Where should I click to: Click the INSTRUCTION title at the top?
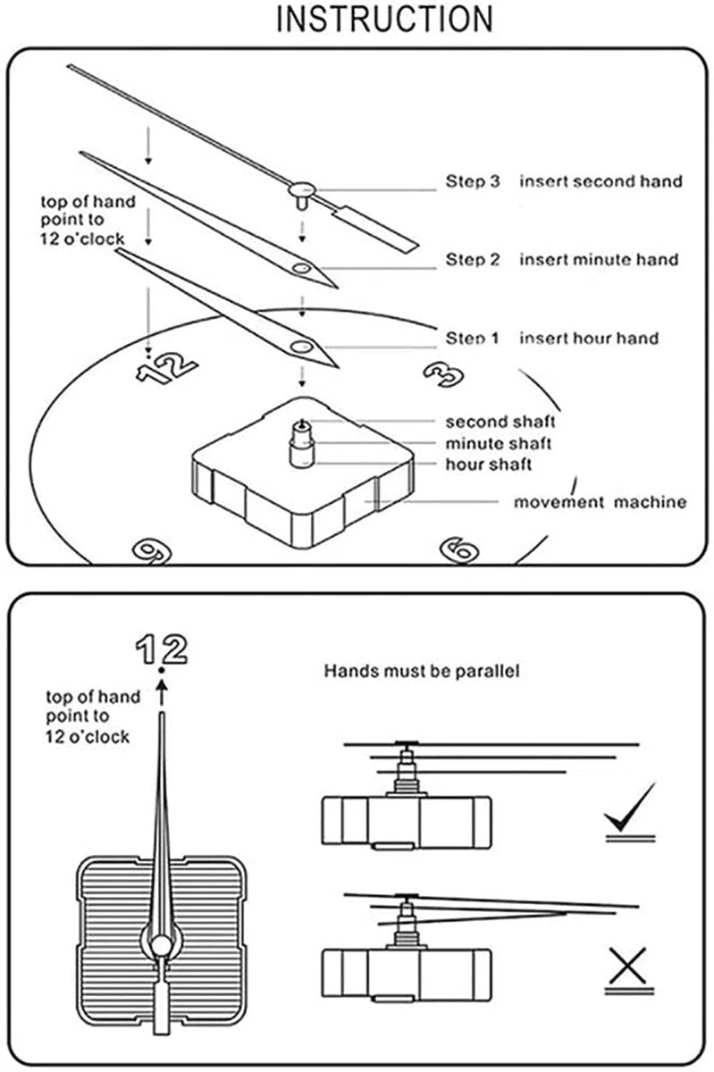click(384, 19)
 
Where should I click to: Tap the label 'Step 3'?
click(472, 181)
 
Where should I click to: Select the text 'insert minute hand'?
click(599, 259)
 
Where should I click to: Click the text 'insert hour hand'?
click(589, 339)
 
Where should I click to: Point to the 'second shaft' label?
click(500, 422)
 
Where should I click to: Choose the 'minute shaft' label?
click(498, 444)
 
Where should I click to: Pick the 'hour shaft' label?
click(489, 465)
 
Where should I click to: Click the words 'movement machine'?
click(600, 502)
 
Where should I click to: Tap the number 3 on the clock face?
click(444, 374)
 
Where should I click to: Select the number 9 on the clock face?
click(152, 552)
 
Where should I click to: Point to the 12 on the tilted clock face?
click(166, 367)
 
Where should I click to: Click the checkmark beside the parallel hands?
click(629, 808)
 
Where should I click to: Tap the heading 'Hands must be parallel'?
click(422, 671)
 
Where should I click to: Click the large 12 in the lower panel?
click(162, 649)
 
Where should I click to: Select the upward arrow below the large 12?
click(163, 691)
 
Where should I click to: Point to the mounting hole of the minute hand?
click(302, 268)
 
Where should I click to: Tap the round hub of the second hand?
click(302, 189)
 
